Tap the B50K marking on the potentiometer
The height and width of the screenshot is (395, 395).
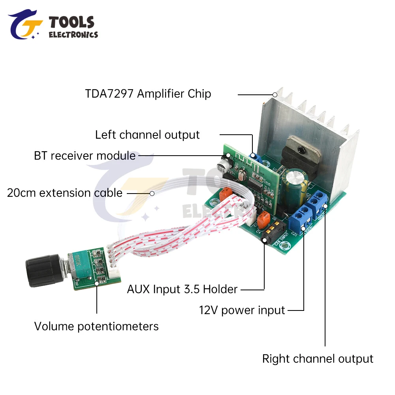click(77, 261)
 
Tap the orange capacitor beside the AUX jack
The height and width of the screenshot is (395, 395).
click(263, 218)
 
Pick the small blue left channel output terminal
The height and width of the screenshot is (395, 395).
click(257, 158)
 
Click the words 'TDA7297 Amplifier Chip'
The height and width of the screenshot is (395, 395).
click(148, 94)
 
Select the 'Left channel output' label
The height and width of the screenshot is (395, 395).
click(147, 135)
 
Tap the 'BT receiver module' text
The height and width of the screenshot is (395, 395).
click(85, 156)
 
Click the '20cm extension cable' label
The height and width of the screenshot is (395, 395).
click(65, 193)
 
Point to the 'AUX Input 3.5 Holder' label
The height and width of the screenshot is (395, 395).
click(182, 289)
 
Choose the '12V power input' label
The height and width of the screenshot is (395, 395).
click(242, 310)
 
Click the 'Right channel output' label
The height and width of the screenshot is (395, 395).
click(318, 359)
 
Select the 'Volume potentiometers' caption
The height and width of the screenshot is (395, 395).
click(96, 327)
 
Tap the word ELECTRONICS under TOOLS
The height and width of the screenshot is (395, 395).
click(73, 35)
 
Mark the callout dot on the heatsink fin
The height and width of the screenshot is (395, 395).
click(275, 95)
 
